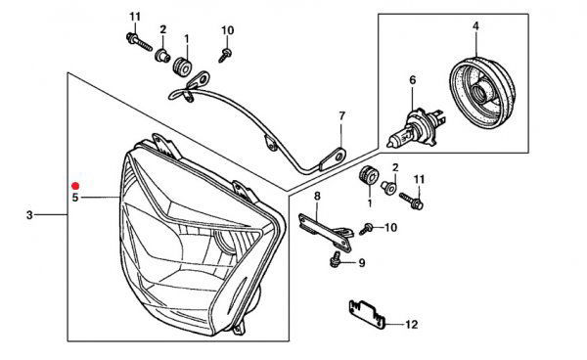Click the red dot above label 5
(x=75, y=186)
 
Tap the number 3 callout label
(x=30, y=215)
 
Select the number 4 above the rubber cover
(x=475, y=26)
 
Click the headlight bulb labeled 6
(x=415, y=128)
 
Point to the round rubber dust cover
(x=482, y=93)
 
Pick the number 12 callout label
(x=412, y=325)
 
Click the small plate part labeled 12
(x=367, y=314)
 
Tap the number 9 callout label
(x=362, y=263)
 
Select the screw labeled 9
(x=335, y=259)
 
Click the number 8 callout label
(x=317, y=196)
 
